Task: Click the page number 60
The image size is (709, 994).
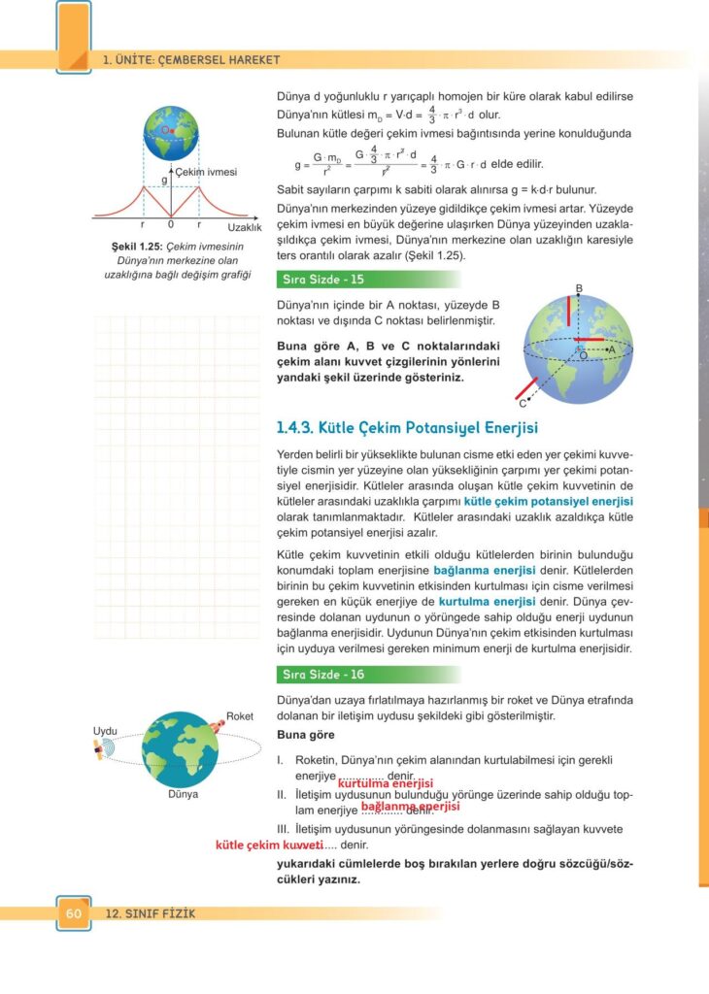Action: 73,913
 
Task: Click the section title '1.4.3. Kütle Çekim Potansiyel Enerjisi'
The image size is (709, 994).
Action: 408,427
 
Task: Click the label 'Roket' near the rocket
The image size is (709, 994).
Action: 239,716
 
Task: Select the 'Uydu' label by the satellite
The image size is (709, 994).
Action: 105,730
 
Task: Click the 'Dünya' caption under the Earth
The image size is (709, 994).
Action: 183,794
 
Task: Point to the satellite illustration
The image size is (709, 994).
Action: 101,749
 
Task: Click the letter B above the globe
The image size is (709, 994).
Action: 578,288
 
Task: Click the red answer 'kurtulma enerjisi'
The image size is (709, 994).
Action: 385,783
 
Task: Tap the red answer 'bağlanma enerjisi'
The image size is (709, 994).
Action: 409,806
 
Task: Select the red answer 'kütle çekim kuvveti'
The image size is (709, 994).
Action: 268,845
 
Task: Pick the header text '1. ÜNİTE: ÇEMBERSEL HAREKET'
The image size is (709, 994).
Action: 191,60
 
